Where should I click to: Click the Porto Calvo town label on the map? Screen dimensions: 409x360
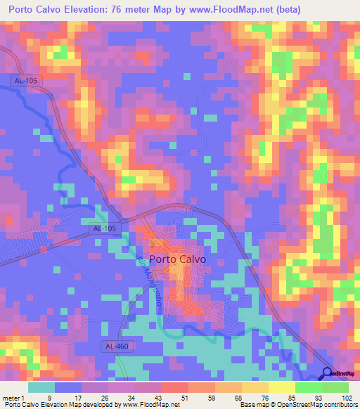(178, 258)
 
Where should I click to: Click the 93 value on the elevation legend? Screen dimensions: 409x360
(321, 397)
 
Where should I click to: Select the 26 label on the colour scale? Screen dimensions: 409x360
(105, 397)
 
